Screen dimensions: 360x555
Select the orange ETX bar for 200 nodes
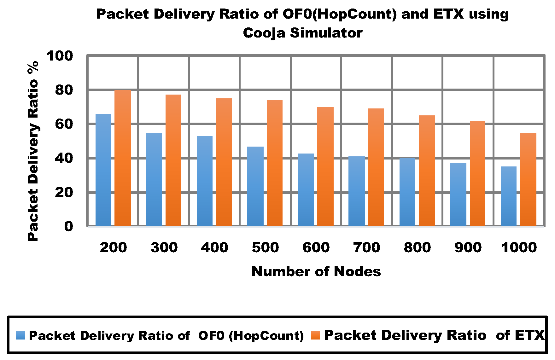[123, 158]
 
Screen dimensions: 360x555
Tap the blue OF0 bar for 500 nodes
[255, 186]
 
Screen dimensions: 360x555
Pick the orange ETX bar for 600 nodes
[325, 166]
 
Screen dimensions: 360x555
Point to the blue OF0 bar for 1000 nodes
[509, 196]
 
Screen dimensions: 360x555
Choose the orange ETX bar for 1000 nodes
[528, 179]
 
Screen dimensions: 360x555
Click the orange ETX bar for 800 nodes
[427, 170]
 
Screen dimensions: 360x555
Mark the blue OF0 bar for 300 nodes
[154, 179]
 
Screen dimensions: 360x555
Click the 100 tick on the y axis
[60, 56]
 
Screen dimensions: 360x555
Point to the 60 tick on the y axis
[64, 124]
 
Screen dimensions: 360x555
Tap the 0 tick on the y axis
[68, 226]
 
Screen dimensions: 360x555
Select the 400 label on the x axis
[215, 247]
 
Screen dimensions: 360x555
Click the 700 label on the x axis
[367, 247]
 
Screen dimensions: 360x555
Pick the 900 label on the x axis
[468, 247]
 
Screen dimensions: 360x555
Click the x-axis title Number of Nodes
[316, 271]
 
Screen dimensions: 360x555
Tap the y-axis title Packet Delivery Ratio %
[33, 151]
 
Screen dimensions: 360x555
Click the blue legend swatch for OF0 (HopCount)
[20, 335]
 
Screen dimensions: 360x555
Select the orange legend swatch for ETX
[315, 335]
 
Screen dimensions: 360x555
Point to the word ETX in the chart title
[448, 14]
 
